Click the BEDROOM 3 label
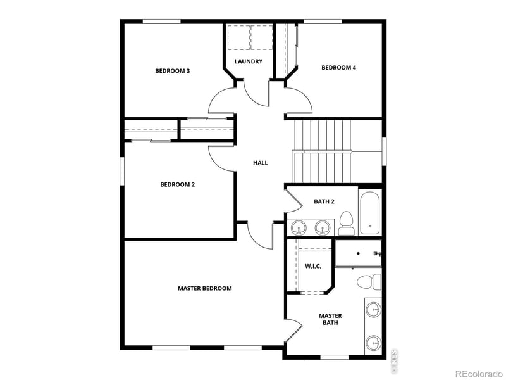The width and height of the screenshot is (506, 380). pos(173,71)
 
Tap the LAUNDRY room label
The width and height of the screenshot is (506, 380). pos(248,61)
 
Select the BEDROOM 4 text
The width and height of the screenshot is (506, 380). pos(338,68)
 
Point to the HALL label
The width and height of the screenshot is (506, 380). pos(260,163)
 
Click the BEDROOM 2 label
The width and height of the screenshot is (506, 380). pos(177,184)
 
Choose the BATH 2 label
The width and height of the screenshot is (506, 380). pos(324,201)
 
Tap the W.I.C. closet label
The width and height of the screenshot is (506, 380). pos(313,266)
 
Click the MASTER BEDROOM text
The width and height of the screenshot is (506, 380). pos(204,288)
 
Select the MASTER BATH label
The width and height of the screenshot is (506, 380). pos(330,319)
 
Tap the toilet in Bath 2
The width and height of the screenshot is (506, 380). pos(345,223)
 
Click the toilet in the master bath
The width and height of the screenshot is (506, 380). pos(369,281)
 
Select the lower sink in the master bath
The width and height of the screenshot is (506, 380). pos(374,342)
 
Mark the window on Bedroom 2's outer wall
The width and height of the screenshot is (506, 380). pos(123,171)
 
